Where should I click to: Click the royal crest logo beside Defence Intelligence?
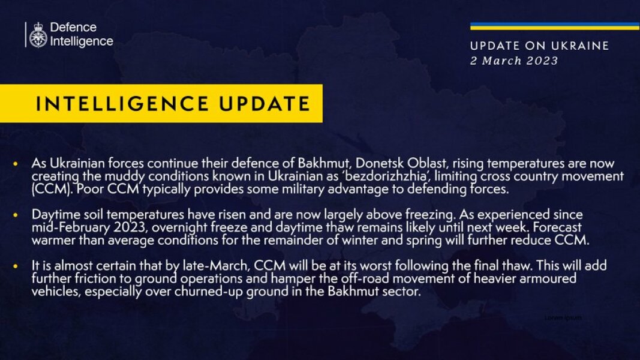tap(38, 35)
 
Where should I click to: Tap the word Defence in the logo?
tap(73, 28)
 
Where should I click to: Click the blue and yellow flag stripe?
tap(554, 26)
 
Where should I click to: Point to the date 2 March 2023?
tap(513, 61)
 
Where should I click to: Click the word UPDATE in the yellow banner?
tap(263, 104)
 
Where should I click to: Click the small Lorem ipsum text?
tap(563, 317)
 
